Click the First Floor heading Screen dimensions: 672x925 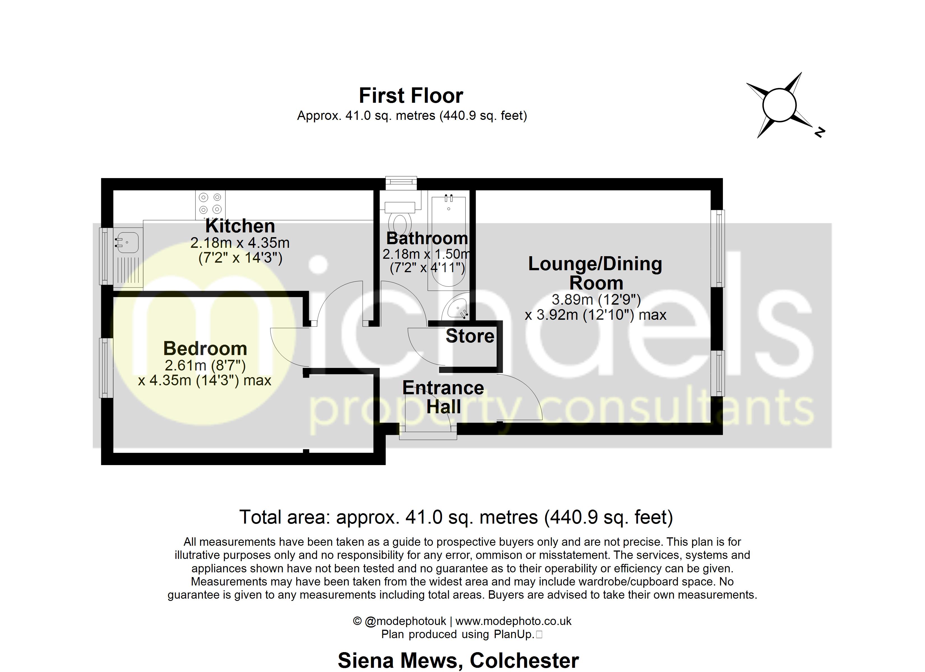(411, 96)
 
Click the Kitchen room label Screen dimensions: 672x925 (240, 226)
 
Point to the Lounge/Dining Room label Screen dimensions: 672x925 (595, 273)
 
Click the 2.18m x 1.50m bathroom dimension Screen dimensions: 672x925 (427, 254)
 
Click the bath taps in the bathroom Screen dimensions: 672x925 (449, 199)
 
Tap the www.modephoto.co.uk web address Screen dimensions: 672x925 (513, 621)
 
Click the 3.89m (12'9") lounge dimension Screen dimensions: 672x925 (596, 300)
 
